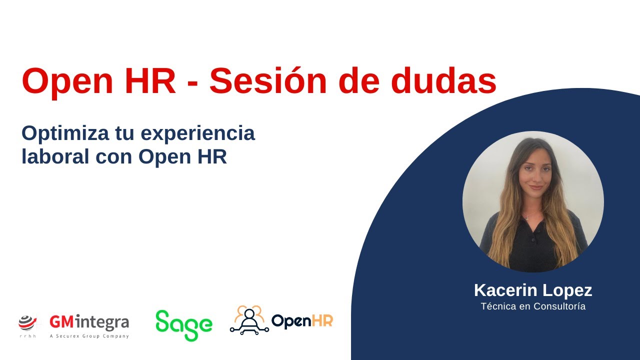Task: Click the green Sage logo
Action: pyautogui.click(x=183, y=325)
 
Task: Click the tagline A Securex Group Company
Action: pyautogui.click(x=89, y=336)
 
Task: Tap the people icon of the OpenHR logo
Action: pyautogui.click(x=249, y=319)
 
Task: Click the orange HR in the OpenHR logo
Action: pyautogui.click(x=323, y=320)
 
